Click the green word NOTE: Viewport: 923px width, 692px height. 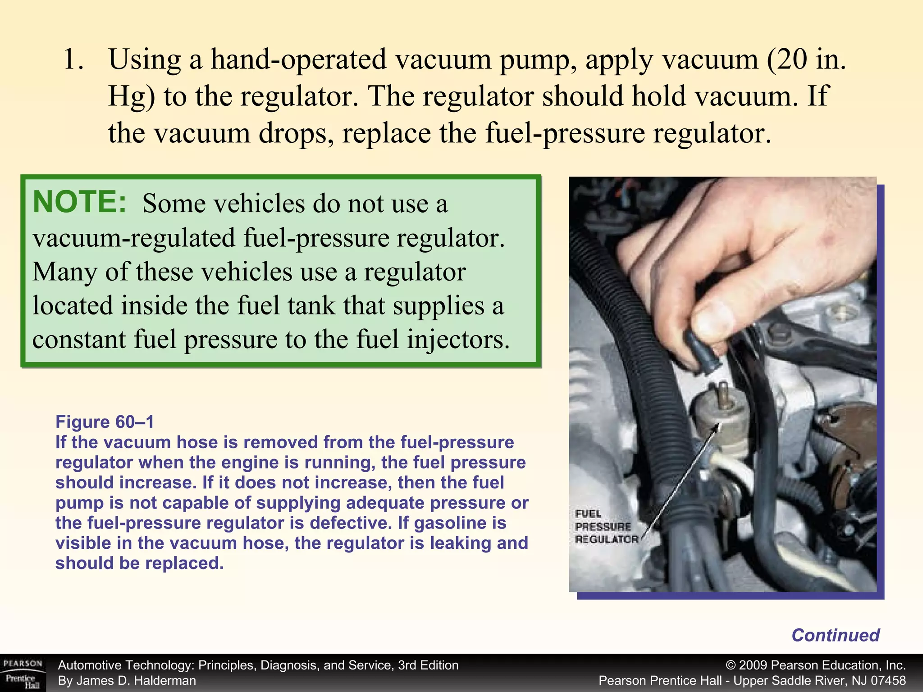pos(80,202)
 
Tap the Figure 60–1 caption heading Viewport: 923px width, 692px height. pos(105,422)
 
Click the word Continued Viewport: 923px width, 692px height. pos(835,635)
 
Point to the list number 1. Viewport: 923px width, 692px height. pos(73,59)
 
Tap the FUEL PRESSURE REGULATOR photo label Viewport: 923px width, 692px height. pos(606,527)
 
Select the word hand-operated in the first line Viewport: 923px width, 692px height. pos(298,59)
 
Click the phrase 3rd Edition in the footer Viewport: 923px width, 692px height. pos(428,665)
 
